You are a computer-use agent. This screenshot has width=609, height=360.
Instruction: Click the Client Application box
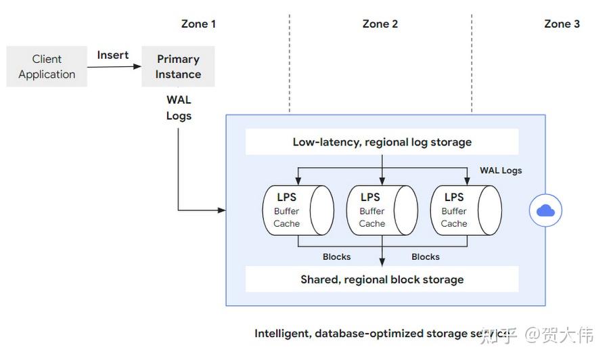(x=47, y=66)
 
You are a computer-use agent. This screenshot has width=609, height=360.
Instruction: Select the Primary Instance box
(x=178, y=66)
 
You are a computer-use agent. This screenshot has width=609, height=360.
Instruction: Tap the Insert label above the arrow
(x=112, y=55)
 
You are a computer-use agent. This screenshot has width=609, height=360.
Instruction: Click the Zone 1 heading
(x=198, y=24)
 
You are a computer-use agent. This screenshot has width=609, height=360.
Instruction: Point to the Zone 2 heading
(x=380, y=24)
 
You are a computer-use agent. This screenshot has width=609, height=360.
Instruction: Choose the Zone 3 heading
(x=562, y=24)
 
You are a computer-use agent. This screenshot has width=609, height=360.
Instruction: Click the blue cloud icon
(x=545, y=211)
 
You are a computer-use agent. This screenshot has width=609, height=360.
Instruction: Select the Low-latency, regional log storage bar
(x=382, y=142)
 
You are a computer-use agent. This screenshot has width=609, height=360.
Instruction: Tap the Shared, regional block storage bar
(x=382, y=279)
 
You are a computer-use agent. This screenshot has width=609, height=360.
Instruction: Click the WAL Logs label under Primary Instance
(x=179, y=108)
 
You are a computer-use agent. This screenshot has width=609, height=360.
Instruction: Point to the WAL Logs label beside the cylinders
(x=501, y=170)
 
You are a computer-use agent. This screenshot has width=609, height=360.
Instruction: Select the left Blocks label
(x=336, y=256)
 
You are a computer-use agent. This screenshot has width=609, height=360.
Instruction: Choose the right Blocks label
(x=426, y=256)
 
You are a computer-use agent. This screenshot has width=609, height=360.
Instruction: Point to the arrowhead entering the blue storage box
(x=222, y=210)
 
